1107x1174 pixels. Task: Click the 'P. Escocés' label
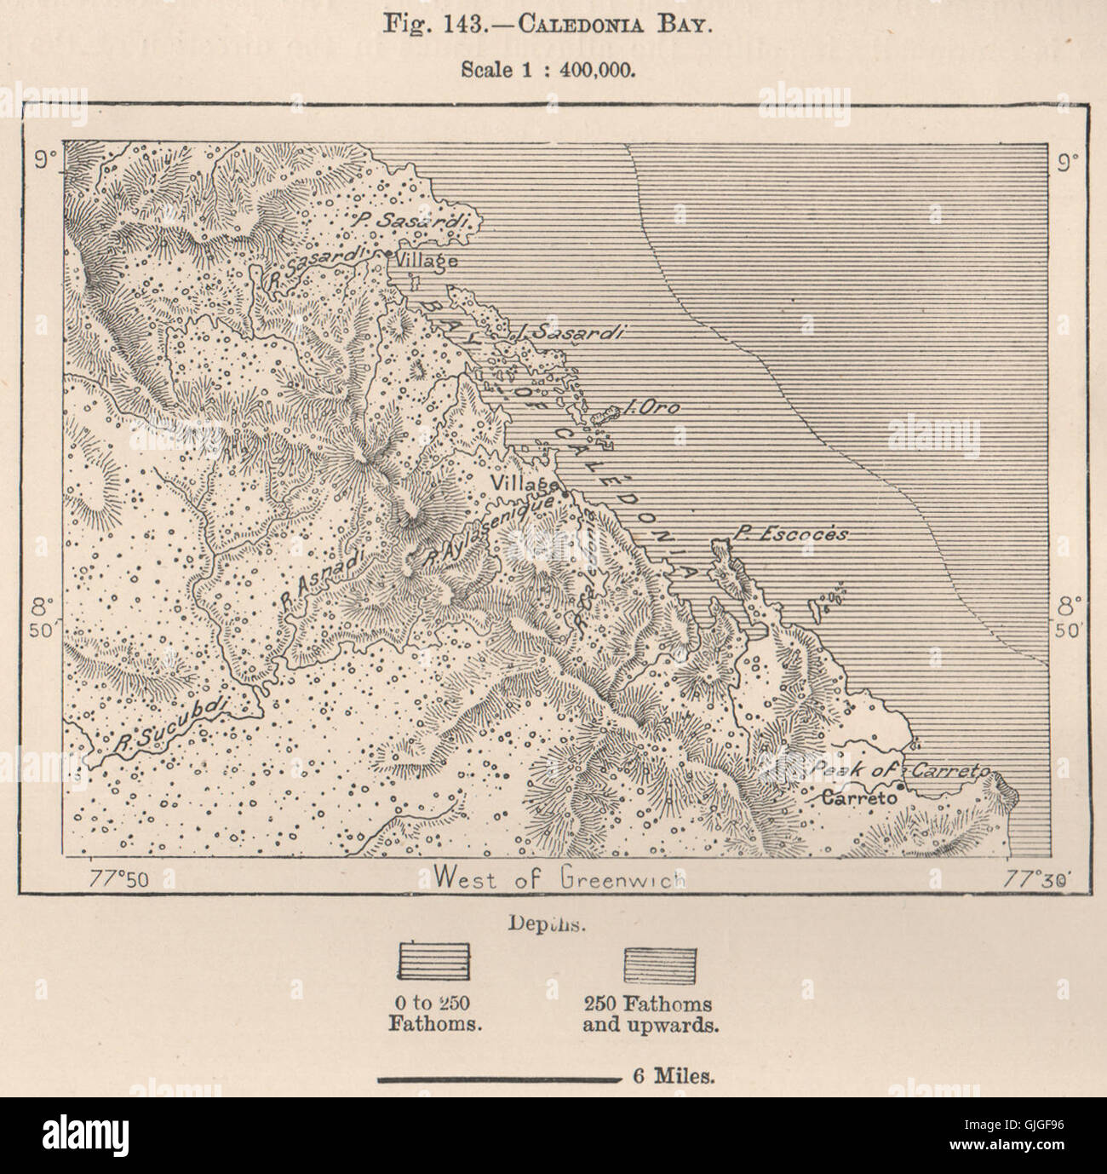tap(791, 535)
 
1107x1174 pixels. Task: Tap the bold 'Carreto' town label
tap(860, 798)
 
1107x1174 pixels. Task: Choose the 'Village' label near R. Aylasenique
tap(522, 482)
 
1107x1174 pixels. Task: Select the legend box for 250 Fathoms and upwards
tap(660, 964)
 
